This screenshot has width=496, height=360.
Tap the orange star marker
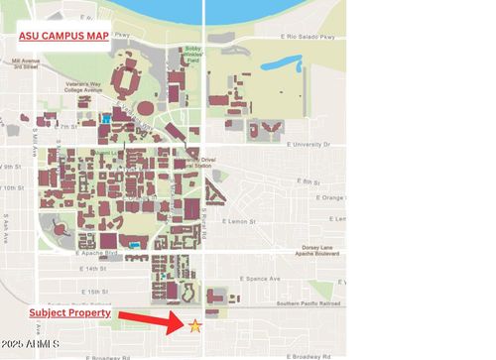coord(195,325)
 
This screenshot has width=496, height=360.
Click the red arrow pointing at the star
coord(151,319)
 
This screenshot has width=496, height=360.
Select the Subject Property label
coord(69,312)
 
